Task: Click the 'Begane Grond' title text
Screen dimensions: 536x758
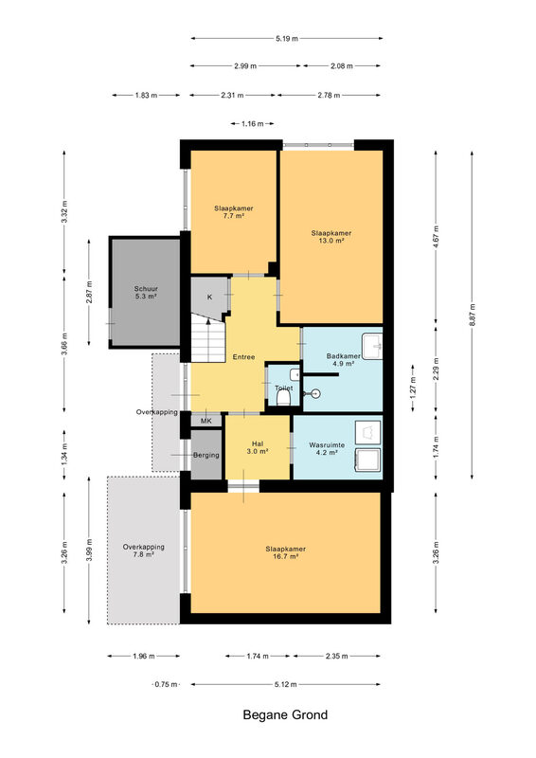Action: [x=285, y=714]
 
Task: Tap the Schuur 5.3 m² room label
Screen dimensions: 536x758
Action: [x=146, y=293]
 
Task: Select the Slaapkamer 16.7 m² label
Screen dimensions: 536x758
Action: [x=286, y=552]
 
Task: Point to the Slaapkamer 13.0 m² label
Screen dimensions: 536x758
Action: [x=331, y=236]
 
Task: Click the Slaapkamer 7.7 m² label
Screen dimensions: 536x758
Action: [x=234, y=212]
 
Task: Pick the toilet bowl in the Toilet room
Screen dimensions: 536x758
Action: [x=284, y=398]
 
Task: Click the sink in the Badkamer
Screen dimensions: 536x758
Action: [x=372, y=346]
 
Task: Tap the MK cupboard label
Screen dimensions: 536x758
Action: [x=206, y=421]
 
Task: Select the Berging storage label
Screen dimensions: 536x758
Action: [x=206, y=455]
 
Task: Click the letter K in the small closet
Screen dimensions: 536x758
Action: [x=210, y=297]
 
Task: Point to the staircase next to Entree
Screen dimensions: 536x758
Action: [x=208, y=338]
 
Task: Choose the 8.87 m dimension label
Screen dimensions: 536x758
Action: [x=473, y=315]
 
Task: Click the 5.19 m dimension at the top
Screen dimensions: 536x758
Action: [x=287, y=38]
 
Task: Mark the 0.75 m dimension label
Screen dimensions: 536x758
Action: [x=167, y=684]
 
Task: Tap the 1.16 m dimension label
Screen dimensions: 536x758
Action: [x=252, y=124]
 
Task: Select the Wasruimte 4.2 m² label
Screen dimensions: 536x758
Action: [x=328, y=448]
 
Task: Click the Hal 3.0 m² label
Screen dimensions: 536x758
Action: [x=258, y=447]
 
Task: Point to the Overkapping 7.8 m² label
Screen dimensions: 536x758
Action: [x=144, y=550]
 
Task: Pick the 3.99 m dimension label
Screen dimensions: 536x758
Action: [x=89, y=550]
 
